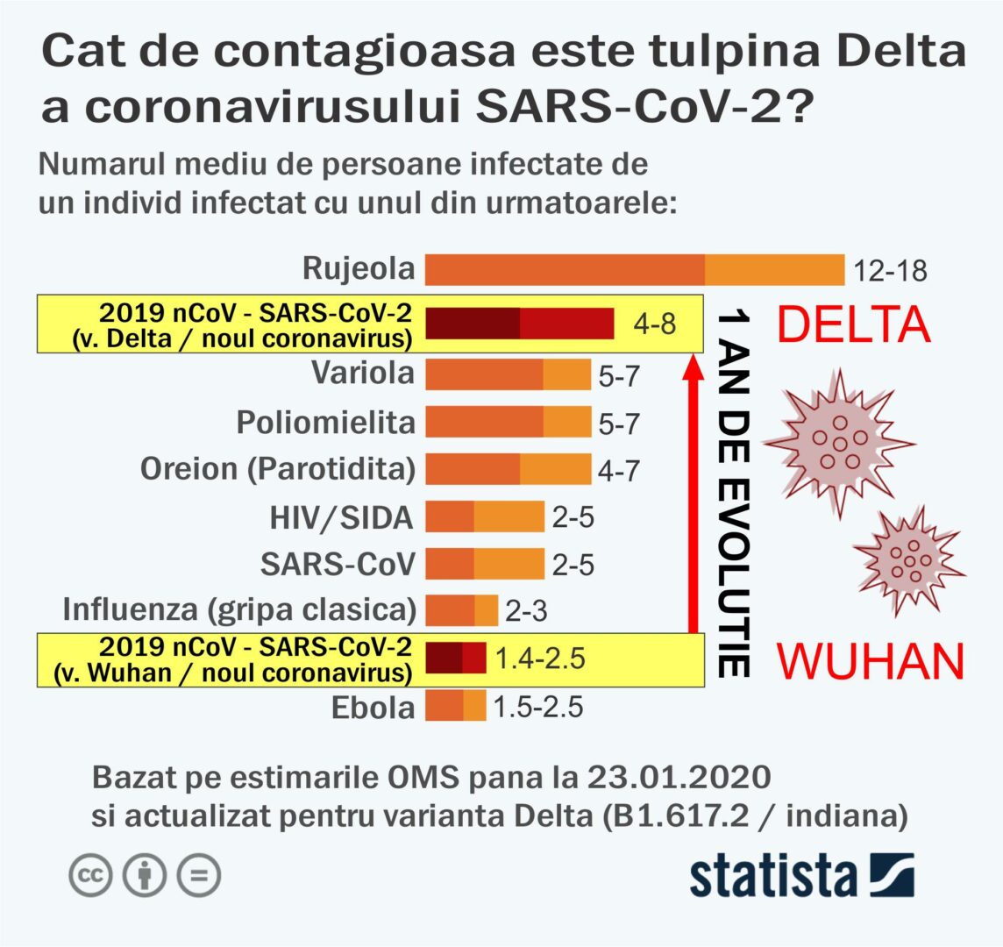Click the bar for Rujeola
pyautogui.click(x=634, y=269)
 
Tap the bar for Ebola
pyautogui.click(x=455, y=706)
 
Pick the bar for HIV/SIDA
pyautogui.click(x=484, y=516)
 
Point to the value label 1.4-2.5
pyautogui.click(x=540, y=658)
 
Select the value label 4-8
pyautogui.click(x=655, y=324)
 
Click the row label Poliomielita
pyautogui.click(x=325, y=423)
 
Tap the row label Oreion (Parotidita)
pyautogui.click(x=277, y=469)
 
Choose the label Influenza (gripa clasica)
pyautogui.click(x=239, y=608)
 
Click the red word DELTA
pyautogui.click(x=854, y=324)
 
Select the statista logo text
pyautogui.click(x=773, y=874)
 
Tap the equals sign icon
pyautogui.click(x=198, y=875)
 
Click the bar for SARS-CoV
pyautogui.click(x=484, y=563)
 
